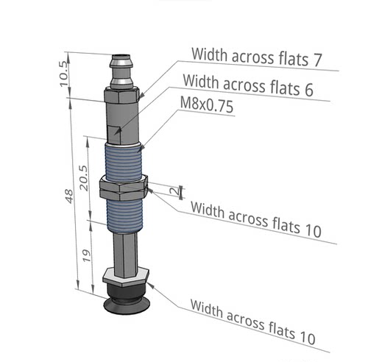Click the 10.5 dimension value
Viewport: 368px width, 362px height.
pyautogui.click(x=64, y=74)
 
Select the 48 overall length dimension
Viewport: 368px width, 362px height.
pyautogui.click(x=69, y=196)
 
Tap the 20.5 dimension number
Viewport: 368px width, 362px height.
pyautogui.click(x=83, y=178)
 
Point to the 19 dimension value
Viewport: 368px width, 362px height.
pyautogui.click(x=87, y=255)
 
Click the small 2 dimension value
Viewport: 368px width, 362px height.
pyautogui.click(x=175, y=191)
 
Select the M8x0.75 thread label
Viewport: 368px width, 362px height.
pyautogui.click(x=207, y=104)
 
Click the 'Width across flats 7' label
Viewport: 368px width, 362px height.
pyautogui.click(x=256, y=57)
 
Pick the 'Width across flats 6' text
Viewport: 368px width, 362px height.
pyautogui.click(x=248, y=85)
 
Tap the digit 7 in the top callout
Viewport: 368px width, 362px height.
pyautogui.click(x=316, y=60)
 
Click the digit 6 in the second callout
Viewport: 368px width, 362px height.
pyautogui.click(x=308, y=90)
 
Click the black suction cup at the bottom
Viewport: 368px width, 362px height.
pyautogui.click(x=126, y=299)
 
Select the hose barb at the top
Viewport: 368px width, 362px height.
pyautogui.click(x=121, y=72)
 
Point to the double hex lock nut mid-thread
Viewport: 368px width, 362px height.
pyautogui.click(x=124, y=188)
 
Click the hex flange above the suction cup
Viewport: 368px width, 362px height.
pyautogui.click(x=126, y=277)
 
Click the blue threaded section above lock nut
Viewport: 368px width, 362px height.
pyautogui.click(x=124, y=161)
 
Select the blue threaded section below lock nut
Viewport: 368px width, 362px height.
pyautogui.click(x=124, y=216)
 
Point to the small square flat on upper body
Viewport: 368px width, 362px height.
pyautogui.click(x=114, y=135)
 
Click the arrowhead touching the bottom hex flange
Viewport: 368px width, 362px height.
pyautogui.click(x=151, y=285)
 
